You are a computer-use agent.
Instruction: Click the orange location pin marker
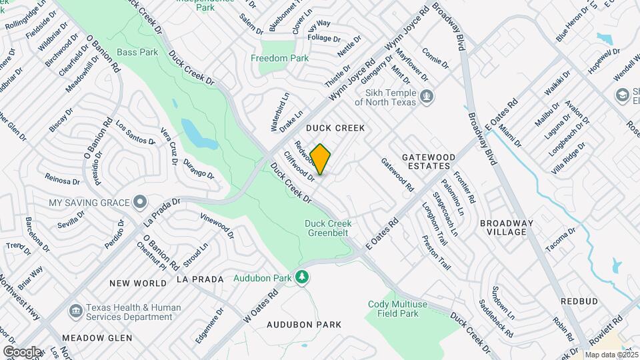click(x=321, y=159)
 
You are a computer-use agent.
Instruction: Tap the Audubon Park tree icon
click(x=303, y=277)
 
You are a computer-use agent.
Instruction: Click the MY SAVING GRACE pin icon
click(x=139, y=201)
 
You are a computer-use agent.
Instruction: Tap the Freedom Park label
click(x=279, y=59)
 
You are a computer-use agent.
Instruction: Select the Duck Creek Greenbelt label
click(x=328, y=228)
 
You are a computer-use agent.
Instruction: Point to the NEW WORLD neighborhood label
click(x=138, y=283)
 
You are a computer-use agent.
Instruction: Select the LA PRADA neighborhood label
click(x=200, y=279)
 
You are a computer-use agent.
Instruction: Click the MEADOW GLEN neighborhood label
click(x=97, y=338)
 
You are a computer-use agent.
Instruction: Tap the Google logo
click(x=21, y=352)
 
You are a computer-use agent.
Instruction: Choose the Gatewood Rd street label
click(x=397, y=175)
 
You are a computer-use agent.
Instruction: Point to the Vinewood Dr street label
click(x=217, y=226)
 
